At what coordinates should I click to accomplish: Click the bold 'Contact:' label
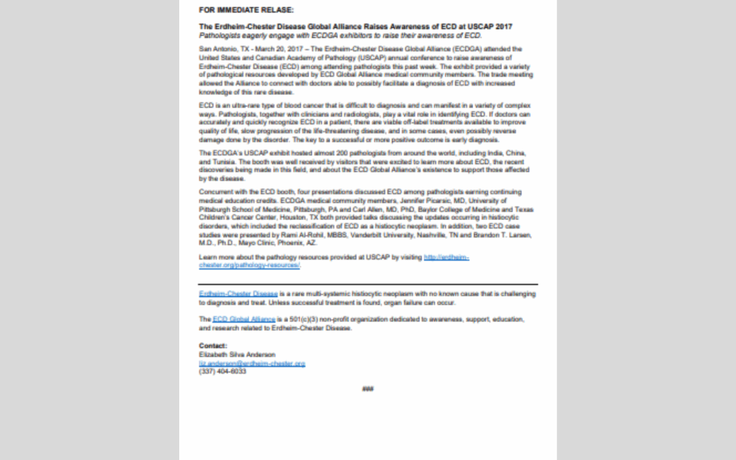[213, 346]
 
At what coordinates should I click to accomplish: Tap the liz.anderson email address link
[251, 363]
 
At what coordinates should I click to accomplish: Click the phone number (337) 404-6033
[222, 371]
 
